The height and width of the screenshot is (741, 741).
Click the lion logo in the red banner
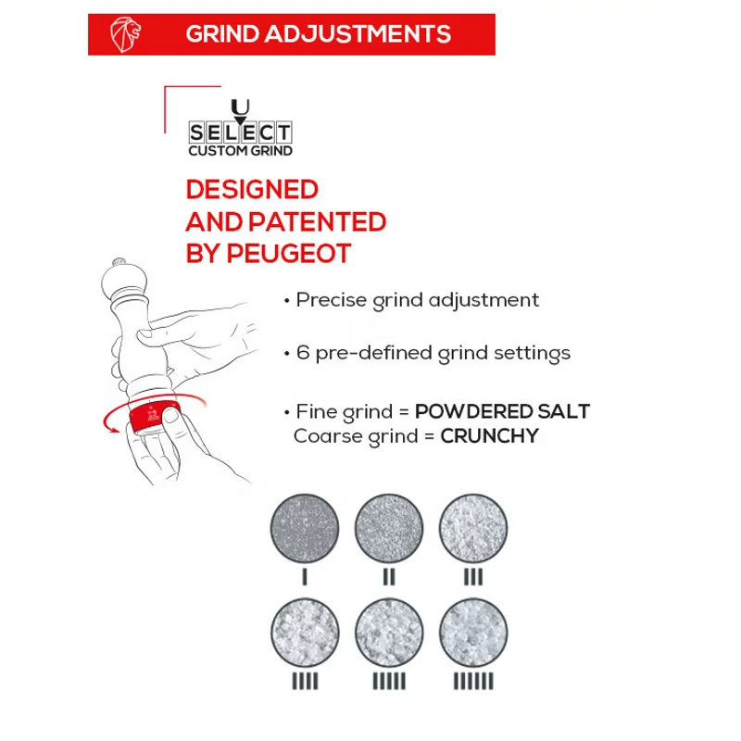click(125, 34)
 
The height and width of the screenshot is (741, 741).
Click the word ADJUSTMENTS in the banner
click(358, 34)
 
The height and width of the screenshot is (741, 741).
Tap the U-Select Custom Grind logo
click(240, 128)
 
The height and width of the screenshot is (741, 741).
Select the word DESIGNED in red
click(252, 190)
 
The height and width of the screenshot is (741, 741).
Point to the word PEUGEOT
click(289, 254)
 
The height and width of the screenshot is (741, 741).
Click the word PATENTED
click(318, 222)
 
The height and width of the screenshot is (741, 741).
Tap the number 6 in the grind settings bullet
click(303, 353)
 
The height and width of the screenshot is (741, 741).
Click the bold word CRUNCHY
click(490, 435)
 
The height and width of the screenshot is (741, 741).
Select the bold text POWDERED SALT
click(502, 411)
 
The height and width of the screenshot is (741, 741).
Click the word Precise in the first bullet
click(332, 299)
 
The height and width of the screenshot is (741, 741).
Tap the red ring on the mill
click(154, 416)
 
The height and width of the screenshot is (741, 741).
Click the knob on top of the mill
click(119, 262)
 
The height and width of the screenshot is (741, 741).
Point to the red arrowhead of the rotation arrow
click(113, 429)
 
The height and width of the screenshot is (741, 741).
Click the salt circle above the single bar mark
click(305, 528)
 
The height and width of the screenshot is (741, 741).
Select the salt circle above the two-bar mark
click(389, 528)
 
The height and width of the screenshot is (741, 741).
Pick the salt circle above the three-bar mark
click(473, 528)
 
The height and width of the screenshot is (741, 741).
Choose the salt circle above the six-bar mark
click(473, 633)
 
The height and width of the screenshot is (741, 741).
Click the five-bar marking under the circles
click(389, 681)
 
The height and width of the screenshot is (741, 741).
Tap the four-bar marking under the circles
click(305, 681)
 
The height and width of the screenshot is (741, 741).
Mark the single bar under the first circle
click(305, 576)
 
